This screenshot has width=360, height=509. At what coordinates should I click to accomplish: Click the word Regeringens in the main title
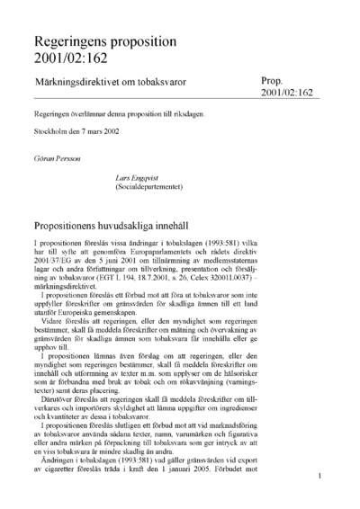76,41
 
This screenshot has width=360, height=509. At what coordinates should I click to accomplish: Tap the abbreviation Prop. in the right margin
273,80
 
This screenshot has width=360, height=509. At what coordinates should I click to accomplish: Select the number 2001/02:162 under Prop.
286,93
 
